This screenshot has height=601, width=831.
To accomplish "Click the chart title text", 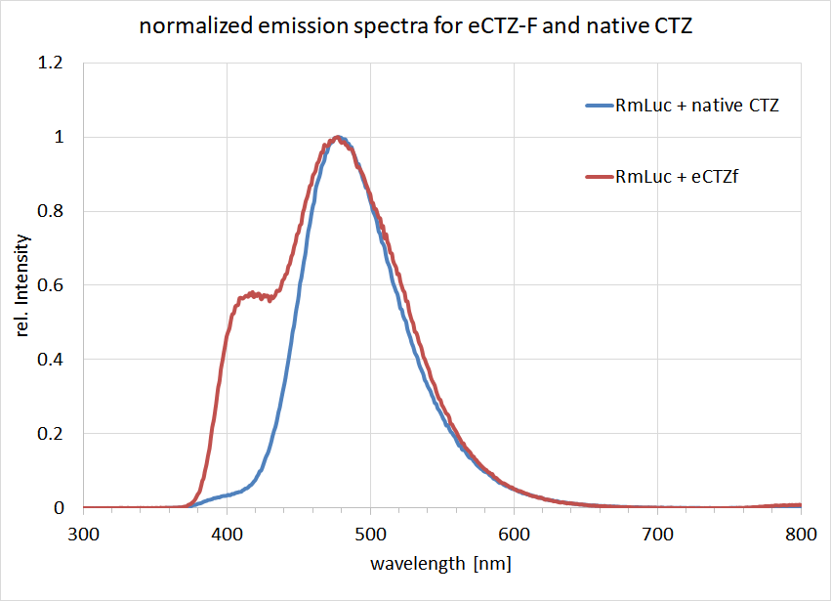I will pyautogui.click(x=414, y=26).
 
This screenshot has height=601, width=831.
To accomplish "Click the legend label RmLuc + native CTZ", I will pyautogui.click(x=695, y=105).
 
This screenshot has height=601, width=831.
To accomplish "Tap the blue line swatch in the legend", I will pyautogui.click(x=597, y=105).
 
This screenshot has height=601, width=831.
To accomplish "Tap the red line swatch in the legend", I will pyautogui.click(x=597, y=177).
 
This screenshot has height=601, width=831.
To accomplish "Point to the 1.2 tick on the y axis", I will pyautogui.click(x=52, y=64).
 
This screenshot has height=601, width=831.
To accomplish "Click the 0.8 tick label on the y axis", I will pyautogui.click(x=52, y=211).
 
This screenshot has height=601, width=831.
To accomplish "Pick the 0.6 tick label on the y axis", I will pyautogui.click(x=52, y=285).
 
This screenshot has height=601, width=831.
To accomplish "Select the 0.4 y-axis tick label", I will pyautogui.click(x=52, y=360).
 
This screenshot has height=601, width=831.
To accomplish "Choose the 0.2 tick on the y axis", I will pyautogui.click(x=52, y=434).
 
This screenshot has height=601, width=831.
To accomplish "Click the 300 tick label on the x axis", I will pyautogui.click(x=83, y=535).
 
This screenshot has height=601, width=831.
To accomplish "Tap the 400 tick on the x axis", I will pyautogui.click(x=227, y=535).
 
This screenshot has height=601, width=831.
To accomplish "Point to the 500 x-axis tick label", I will pyautogui.click(x=370, y=535).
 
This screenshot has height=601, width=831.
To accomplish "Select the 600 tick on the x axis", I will pyautogui.click(x=514, y=535).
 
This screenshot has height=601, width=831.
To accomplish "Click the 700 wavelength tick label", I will pyautogui.click(x=657, y=535).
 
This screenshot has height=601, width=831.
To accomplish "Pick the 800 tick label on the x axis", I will pyautogui.click(x=800, y=535).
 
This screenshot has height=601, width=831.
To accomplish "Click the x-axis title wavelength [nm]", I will pyautogui.click(x=440, y=564).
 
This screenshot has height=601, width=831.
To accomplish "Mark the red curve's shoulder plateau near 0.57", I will pyautogui.click(x=252, y=294).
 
